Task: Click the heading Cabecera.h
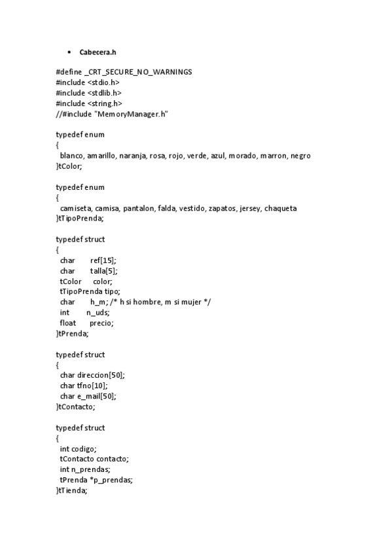coord(98,52)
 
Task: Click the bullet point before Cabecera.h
coord(69,52)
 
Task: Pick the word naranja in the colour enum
coord(133,156)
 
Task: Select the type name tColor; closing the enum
coord(69,166)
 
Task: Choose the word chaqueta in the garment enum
coord(280,208)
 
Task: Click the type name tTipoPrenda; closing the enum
coord(80,219)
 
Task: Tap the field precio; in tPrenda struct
coord(101,323)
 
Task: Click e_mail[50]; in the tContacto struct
coord(97,396)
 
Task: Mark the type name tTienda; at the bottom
coord(72,490)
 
